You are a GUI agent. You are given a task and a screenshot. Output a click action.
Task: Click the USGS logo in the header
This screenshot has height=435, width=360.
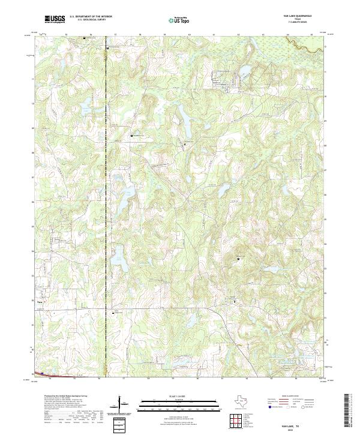(55, 19)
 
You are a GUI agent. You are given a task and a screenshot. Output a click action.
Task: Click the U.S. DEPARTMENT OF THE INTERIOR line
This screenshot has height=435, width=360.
(91, 16)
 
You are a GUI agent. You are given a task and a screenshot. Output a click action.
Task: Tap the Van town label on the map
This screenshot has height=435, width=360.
(40, 302)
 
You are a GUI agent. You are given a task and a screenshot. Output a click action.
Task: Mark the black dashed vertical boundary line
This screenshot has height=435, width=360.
(106, 210)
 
